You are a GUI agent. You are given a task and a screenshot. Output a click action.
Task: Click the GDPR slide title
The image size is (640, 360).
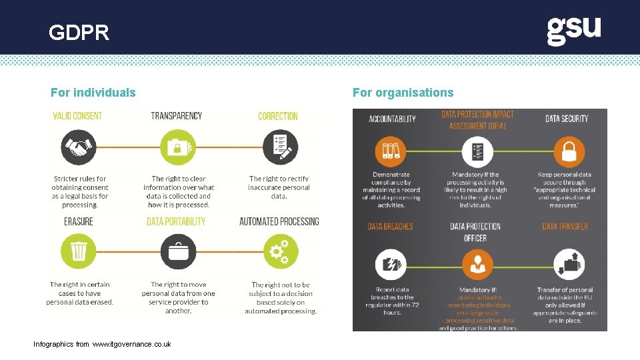pyautogui.click(x=79, y=33)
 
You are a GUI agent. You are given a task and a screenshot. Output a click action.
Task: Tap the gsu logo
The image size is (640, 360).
pyautogui.click(x=573, y=31)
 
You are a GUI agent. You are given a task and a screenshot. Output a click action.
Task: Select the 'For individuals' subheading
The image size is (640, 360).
pyautogui.click(x=93, y=93)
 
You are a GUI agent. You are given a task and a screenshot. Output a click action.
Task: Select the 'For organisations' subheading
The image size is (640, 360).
pyautogui.click(x=403, y=93)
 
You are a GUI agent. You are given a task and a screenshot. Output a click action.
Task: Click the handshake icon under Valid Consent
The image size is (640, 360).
pyautogui.click(x=79, y=147)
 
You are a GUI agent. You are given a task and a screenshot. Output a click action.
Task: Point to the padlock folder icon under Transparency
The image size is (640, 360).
pyautogui.click(x=177, y=147)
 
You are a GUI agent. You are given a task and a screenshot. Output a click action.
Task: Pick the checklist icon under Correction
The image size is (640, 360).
pyautogui.click(x=279, y=147)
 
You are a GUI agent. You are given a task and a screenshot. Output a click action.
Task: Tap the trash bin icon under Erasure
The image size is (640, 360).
pyautogui.click(x=79, y=252)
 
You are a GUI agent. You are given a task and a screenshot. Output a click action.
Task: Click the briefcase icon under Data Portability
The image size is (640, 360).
pyautogui.click(x=177, y=252)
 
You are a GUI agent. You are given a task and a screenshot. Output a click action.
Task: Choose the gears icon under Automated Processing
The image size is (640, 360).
pyautogui.click(x=279, y=252)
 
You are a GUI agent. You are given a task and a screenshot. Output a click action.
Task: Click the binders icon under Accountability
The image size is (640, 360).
pyautogui.click(x=391, y=151)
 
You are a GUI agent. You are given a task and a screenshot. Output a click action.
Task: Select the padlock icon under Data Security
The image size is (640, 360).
pyautogui.click(x=568, y=151)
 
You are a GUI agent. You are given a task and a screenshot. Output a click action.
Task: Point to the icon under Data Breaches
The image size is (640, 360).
pyautogui.click(x=391, y=265)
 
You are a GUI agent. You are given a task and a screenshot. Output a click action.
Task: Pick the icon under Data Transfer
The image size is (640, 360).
pyautogui.click(x=568, y=265)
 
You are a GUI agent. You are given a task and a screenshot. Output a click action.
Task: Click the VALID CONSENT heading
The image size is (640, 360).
pyautogui.click(x=77, y=116)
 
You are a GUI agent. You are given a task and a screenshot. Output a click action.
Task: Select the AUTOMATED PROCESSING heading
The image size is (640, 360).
pyautogui.click(x=279, y=221)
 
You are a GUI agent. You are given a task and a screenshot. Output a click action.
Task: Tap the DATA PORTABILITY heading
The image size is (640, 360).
pyautogui.click(x=176, y=221)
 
